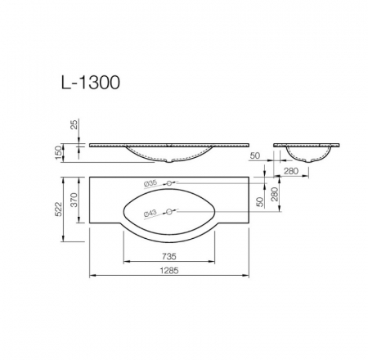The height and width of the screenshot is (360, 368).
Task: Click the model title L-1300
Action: point(91,83)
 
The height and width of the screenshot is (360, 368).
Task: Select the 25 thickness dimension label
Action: point(74,124)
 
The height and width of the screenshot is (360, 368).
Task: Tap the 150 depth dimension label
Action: point(58,153)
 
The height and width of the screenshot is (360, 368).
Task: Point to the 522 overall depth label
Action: point(58,209)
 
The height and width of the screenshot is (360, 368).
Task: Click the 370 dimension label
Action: point(74,200)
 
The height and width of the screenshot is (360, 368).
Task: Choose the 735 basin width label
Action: point(169,256)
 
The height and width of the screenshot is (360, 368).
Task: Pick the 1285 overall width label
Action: point(169,271)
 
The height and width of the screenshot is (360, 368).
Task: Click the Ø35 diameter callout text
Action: point(150,183)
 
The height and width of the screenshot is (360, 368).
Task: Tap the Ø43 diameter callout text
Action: point(150,213)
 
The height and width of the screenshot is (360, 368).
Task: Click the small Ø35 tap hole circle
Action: point(169,183)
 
